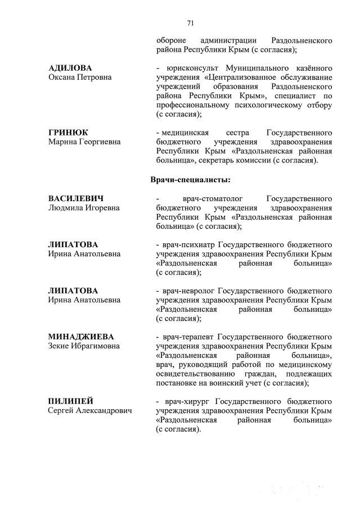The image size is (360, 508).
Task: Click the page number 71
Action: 190,23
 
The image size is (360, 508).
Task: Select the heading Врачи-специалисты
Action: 191,180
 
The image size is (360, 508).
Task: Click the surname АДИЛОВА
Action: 70,67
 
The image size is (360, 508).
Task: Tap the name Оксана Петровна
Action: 80,77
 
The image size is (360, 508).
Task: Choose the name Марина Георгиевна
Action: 84,142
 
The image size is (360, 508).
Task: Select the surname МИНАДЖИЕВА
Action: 81,336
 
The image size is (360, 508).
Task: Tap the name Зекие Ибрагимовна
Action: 84,346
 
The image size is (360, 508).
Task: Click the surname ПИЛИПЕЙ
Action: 70,401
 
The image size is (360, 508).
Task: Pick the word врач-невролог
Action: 188,291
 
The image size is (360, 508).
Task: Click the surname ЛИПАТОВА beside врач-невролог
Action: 73,291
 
